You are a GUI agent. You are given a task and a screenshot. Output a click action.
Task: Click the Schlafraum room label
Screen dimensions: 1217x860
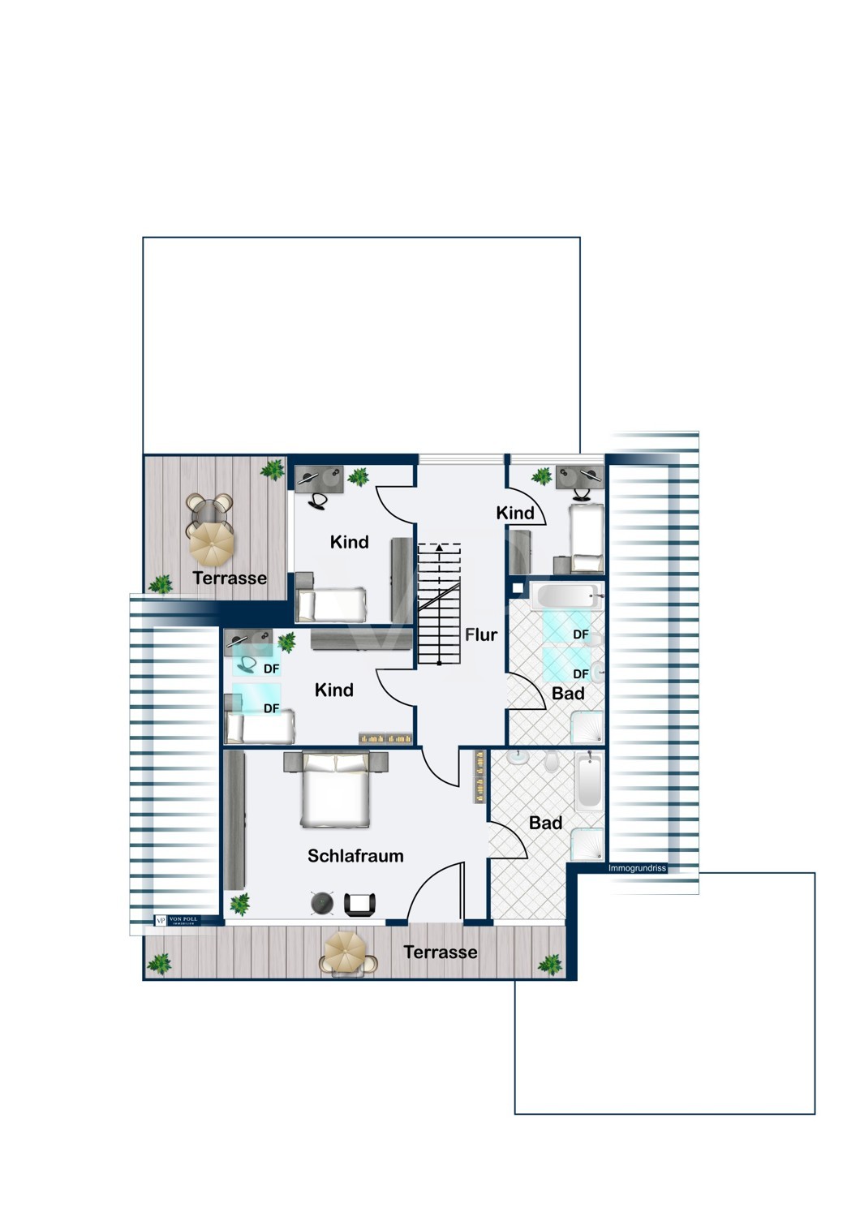pos(355,855)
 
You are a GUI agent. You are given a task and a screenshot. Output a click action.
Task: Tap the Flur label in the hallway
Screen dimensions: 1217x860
pos(480,634)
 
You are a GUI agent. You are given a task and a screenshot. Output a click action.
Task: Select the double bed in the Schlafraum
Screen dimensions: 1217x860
pos(336,790)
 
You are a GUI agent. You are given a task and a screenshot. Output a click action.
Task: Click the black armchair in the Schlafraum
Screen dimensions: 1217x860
pos(360,904)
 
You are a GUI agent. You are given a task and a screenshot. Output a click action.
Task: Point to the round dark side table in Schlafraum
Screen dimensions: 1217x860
pos(323,903)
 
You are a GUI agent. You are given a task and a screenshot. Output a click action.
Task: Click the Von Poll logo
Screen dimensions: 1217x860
pos(176,920)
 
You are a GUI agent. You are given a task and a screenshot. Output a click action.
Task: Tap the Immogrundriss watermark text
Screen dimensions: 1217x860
pos(637,868)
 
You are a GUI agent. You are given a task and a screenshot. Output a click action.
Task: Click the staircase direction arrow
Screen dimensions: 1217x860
pos(440,548)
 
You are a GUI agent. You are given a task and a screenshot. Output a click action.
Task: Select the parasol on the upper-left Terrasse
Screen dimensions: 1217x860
pos(212,542)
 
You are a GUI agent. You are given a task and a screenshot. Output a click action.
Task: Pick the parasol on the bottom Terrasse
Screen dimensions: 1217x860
pos(348,950)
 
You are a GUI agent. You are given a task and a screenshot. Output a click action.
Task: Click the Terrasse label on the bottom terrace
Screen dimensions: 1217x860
pos(441,952)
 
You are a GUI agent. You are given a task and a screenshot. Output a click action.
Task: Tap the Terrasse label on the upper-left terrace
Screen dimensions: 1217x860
pos(230,578)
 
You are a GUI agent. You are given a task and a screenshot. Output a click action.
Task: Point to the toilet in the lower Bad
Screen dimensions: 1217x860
pos(552,762)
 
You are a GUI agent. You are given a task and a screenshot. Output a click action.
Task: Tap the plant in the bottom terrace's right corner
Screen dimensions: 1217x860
pos(550,964)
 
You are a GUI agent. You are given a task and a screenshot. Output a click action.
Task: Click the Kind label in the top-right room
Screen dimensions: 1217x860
pos(515,513)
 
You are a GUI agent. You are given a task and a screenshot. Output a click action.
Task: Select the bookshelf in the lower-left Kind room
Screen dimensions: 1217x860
pos(386,738)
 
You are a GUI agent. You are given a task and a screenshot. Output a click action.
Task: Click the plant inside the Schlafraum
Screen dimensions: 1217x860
pos(239,903)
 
